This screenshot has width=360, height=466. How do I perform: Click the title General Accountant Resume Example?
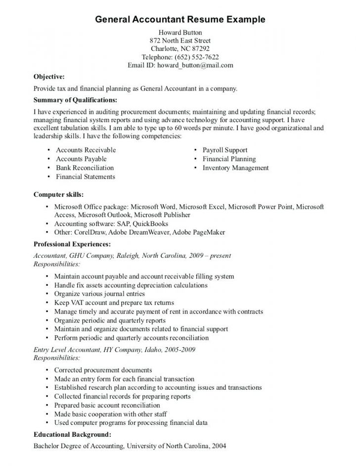(x=180, y=19)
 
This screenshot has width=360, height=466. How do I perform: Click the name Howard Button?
(x=180, y=32)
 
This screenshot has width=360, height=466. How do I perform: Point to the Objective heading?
(x=48, y=77)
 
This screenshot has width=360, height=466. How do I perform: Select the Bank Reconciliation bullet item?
(x=85, y=168)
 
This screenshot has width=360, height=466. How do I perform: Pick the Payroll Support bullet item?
(x=225, y=150)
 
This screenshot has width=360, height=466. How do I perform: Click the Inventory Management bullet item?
(x=235, y=168)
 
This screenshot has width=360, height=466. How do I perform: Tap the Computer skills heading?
(x=58, y=194)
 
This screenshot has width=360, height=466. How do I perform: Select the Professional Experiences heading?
(x=72, y=244)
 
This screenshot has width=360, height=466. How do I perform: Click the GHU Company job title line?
(x=132, y=256)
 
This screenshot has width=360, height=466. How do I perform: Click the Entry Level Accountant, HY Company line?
(x=114, y=349)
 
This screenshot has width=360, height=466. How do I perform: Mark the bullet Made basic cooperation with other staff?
(x=110, y=414)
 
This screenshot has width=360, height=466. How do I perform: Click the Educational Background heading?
(x=72, y=434)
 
